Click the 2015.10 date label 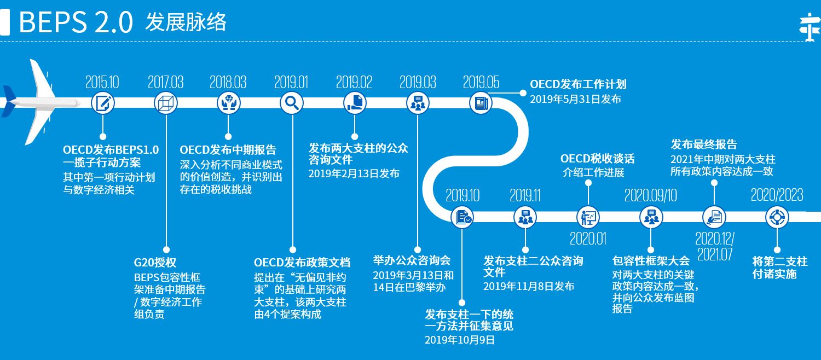click(102, 83)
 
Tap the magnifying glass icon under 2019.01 click(292, 102)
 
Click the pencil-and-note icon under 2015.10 click(102, 102)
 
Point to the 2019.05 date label click(481, 83)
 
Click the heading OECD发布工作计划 click(578, 85)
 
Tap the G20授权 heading click(155, 263)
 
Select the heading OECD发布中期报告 click(228, 150)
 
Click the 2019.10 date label click(462, 195)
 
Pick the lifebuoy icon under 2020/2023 click(777, 217)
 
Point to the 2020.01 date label click(588, 239)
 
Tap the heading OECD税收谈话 click(597, 159)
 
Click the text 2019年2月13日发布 click(354, 173)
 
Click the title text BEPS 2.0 click(76, 22)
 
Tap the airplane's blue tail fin click(9, 101)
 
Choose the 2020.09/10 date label click(651, 195)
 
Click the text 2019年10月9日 click(459, 340)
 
